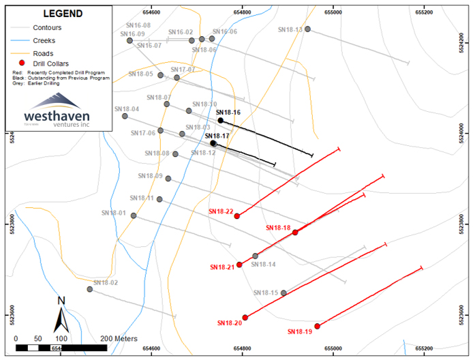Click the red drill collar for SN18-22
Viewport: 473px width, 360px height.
coord(237,215)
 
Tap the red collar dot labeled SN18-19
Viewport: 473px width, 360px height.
coord(317,326)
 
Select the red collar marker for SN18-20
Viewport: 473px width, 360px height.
coord(245,317)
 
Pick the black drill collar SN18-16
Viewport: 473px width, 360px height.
coord(220,120)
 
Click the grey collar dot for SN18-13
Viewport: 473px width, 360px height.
coord(307,29)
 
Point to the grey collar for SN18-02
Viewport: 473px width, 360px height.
coord(89,289)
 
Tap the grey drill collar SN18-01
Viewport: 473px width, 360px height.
coord(134,215)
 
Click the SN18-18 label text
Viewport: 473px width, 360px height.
coord(278,228)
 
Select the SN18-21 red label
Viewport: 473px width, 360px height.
coord(222,267)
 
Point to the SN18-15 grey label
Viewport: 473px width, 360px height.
coord(266,292)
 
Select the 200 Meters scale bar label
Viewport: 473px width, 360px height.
coord(119,338)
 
